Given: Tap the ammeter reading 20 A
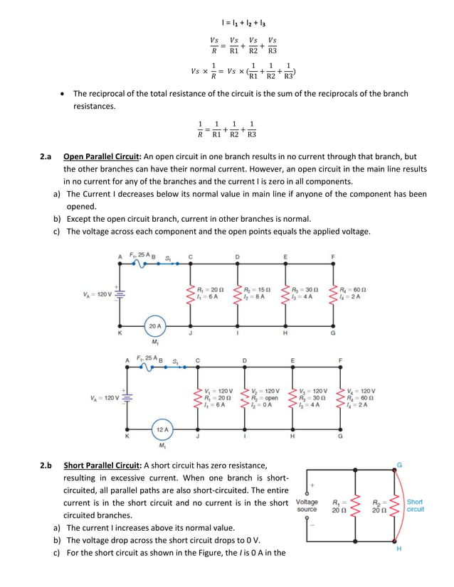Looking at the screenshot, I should [x=155, y=326].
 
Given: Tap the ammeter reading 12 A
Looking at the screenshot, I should [x=162, y=429].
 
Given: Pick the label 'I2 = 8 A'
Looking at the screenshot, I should [x=255, y=297].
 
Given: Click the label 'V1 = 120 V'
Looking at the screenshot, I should [x=217, y=391].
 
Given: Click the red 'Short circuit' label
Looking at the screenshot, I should [x=415, y=505].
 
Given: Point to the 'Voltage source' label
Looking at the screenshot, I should [x=307, y=505].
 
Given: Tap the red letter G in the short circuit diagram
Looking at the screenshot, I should [x=399, y=465].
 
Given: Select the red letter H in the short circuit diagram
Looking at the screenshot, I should [x=398, y=549].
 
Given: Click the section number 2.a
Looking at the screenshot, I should [x=46, y=156].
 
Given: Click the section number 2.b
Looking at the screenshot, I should [x=46, y=465].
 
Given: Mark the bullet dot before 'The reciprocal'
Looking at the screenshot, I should [x=65, y=94].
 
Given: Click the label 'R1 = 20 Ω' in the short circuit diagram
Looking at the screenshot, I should [x=340, y=505].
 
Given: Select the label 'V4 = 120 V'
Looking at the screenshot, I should [x=361, y=391].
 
